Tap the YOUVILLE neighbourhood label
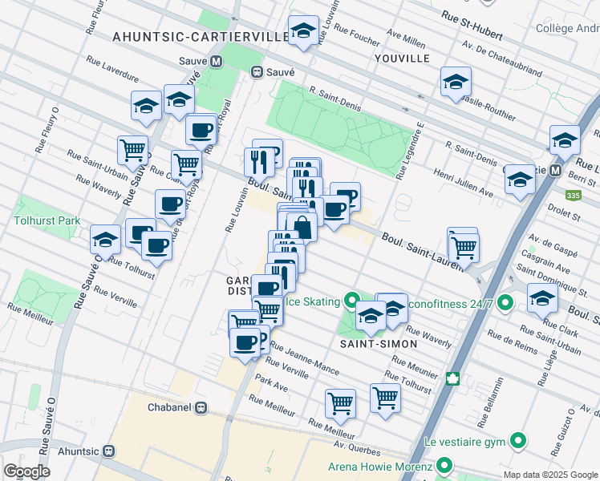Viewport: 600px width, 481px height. (x=402, y=59)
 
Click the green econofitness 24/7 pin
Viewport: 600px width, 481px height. (x=505, y=304)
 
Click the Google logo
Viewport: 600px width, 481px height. (x=26, y=471)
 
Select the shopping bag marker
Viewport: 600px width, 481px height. (x=302, y=227)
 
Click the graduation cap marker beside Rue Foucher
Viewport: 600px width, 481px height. (x=303, y=31)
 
